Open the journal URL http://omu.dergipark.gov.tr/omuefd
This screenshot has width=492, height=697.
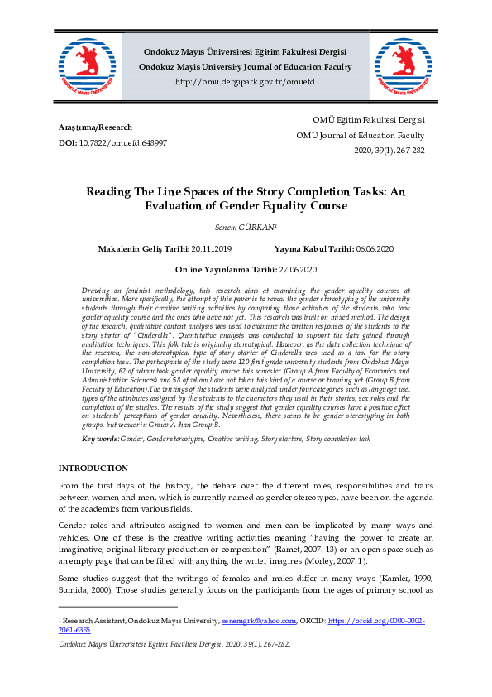[x=245, y=83]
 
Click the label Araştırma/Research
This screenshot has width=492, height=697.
[x=95, y=127]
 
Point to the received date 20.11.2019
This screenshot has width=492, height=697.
[x=212, y=248]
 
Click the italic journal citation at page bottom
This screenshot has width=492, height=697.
[x=174, y=644]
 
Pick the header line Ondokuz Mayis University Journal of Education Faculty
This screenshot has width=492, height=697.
[x=245, y=67]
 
